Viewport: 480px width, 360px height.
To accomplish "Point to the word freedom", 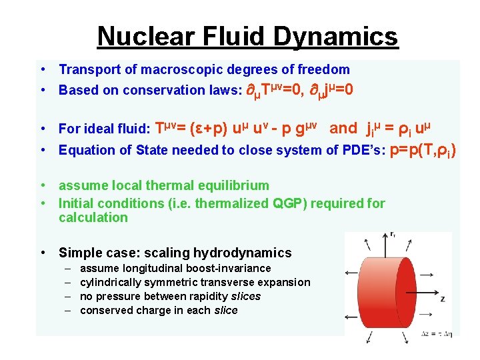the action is click(323, 69).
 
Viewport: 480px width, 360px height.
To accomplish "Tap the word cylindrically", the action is click(111, 282).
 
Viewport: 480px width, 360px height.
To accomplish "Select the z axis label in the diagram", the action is click(443, 299).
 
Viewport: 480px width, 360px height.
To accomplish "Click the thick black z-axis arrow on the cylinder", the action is click(413, 291).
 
